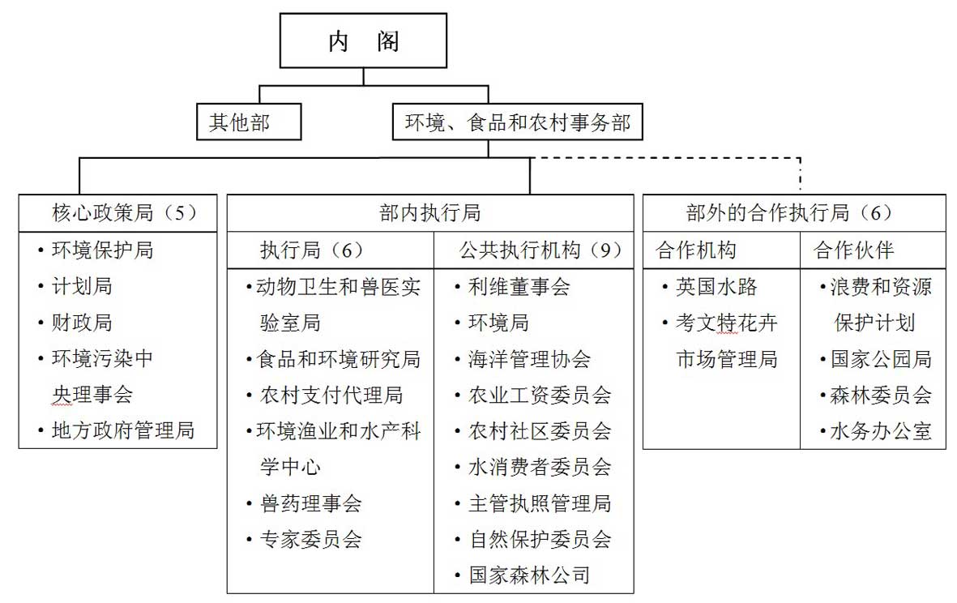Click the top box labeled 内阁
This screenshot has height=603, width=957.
point(363,41)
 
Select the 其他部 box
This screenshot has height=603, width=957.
point(249,122)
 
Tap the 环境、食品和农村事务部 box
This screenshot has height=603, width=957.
point(518,122)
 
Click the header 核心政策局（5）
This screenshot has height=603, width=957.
point(125,213)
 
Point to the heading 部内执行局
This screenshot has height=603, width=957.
point(430,213)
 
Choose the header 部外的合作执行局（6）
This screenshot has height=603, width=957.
point(789,213)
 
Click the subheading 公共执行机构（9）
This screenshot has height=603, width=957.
point(540,250)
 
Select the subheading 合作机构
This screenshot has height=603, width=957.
point(696,250)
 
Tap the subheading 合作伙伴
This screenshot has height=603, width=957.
point(854,250)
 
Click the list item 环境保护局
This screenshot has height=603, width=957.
point(103,250)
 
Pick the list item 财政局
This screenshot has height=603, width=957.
point(83,323)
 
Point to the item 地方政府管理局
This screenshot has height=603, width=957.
point(123,430)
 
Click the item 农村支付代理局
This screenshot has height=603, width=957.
point(331,395)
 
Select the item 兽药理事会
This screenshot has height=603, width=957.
point(311,503)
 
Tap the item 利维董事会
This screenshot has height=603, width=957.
point(519,286)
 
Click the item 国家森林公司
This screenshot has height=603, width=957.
point(530,575)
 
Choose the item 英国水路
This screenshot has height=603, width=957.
point(716,286)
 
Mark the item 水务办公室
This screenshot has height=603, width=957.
point(881,431)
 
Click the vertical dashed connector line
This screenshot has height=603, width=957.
point(800,176)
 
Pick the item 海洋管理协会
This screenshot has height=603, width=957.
point(530,359)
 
